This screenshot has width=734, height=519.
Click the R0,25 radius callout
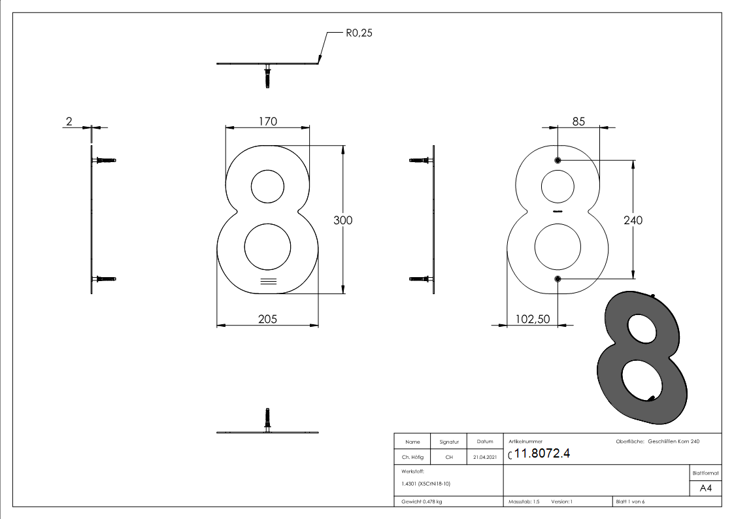coord(359,32)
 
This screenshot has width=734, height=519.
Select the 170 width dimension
coord(267,121)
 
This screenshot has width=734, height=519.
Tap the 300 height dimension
coord(342,220)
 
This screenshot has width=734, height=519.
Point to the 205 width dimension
coord(267,319)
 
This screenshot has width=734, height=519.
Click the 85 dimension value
coord(578,121)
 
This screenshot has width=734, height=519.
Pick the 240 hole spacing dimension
coord(633,220)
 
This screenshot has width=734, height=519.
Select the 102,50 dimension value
coord(533,319)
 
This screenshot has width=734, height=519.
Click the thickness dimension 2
coord(69,121)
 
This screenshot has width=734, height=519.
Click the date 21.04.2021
coord(485,458)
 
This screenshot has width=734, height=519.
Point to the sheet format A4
coord(706,488)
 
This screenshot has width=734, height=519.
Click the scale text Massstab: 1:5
coord(524,502)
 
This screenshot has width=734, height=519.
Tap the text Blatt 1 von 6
coord(630,502)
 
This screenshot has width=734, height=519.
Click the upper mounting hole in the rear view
coord(558,160)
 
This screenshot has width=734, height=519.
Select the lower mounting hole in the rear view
coord(558,280)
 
